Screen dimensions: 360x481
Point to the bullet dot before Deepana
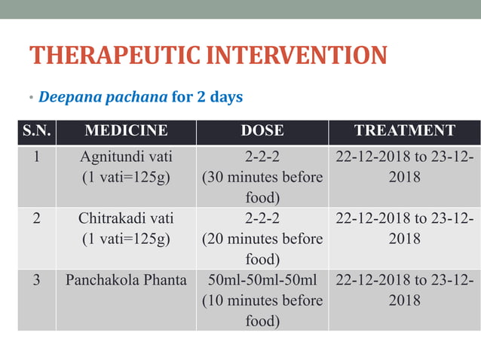(32, 99)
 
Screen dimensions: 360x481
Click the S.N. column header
(36, 130)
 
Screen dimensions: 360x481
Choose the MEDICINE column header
(126, 130)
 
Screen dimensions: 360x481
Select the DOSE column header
(262, 130)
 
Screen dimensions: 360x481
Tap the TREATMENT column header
(404, 130)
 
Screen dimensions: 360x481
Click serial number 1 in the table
(36, 157)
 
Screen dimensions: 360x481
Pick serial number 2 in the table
(36, 218)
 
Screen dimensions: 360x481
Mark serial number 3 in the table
(36, 280)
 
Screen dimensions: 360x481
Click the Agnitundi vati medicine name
(126, 157)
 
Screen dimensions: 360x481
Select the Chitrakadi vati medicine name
(126, 218)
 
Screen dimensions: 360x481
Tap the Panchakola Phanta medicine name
(126, 280)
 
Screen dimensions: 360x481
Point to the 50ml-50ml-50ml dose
(262, 280)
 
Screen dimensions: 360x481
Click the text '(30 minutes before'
(262, 178)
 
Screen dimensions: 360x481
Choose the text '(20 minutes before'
(262, 239)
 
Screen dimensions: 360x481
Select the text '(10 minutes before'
(262, 301)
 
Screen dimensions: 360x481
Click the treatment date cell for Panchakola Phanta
(404, 290)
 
